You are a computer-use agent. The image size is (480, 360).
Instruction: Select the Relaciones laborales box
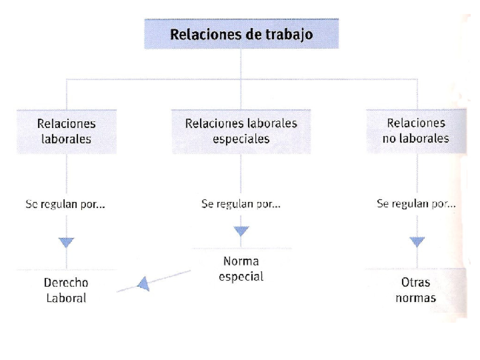pos(66,131)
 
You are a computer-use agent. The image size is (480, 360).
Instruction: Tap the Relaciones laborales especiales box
pos(240,131)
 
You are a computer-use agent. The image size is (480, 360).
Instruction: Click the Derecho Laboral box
pos(66,290)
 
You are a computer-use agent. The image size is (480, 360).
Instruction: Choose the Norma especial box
pos(240,268)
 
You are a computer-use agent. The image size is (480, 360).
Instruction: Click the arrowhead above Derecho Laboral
pos(67,241)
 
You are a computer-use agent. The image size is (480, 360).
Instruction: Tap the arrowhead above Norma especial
pos(241,232)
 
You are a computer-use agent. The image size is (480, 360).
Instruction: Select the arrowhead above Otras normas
pos(416,241)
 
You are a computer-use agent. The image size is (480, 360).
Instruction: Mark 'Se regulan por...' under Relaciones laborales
pos(65,204)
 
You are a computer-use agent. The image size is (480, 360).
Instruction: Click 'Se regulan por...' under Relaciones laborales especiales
pos(241,204)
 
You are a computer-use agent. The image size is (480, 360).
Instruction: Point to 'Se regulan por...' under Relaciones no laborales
pos(415,204)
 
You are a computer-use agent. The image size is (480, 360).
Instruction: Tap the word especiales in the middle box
pos(240,140)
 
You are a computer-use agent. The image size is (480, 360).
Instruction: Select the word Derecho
pos(66,282)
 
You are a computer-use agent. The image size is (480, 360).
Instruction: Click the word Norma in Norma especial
pos(240,260)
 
